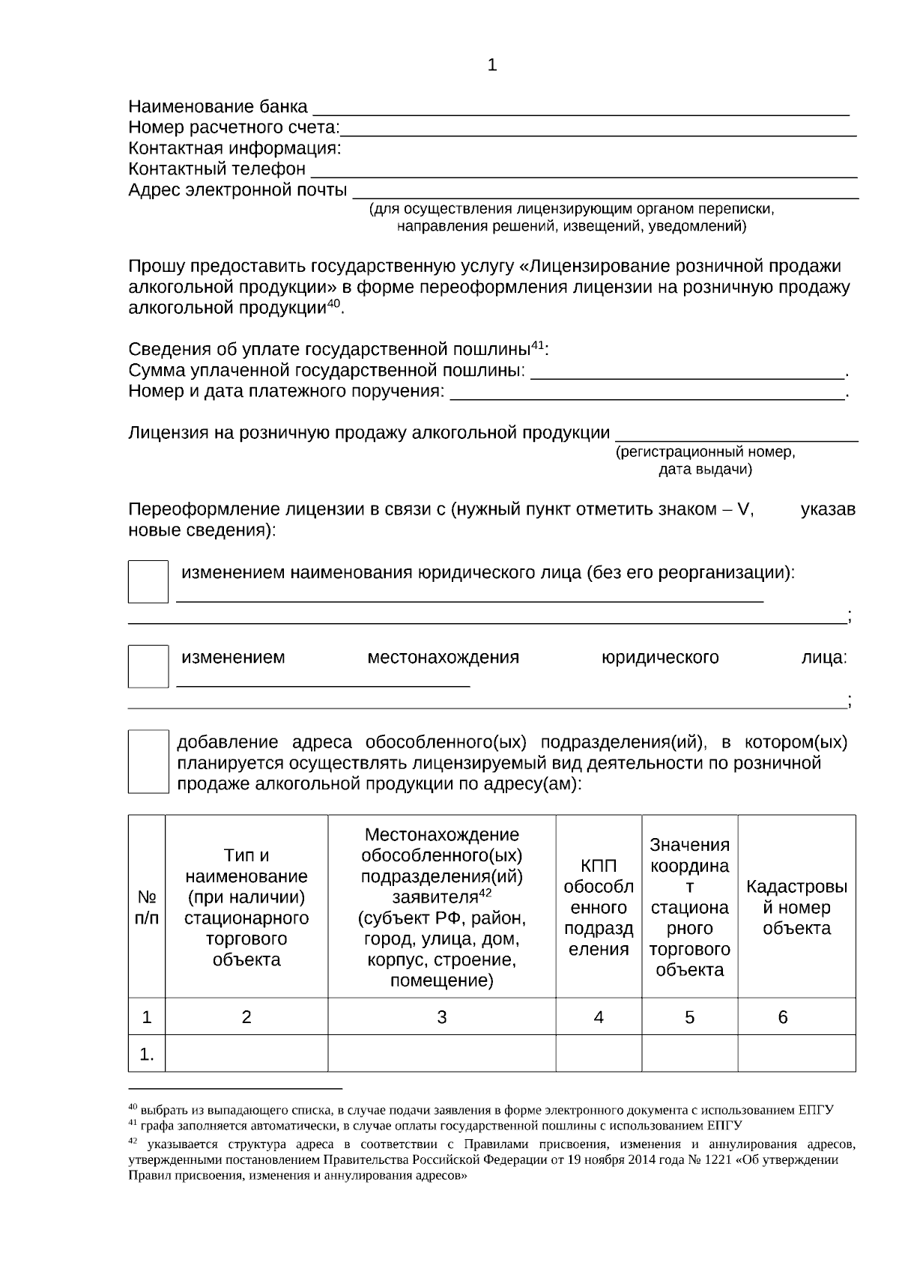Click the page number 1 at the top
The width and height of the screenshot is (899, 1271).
point(491,65)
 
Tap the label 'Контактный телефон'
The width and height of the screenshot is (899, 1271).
point(217,169)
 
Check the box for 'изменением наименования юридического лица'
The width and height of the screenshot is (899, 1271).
point(148,581)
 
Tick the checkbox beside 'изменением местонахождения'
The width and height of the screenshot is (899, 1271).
point(148,666)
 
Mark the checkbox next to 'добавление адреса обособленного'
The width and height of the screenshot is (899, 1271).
point(148,761)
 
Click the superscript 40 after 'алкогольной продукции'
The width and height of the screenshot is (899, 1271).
point(333,303)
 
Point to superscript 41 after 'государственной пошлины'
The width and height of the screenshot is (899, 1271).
point(537,345)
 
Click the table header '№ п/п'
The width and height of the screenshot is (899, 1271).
point(147,907)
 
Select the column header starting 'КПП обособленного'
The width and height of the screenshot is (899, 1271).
point(598,907)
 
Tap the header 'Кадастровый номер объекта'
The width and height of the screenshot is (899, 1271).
point(796,907)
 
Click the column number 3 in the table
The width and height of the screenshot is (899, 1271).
point(441,1016)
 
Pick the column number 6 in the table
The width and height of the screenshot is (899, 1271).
point(783,1016)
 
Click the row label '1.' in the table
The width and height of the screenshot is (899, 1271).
point(147,1055)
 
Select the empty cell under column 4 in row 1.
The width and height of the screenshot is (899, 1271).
point(598,1054)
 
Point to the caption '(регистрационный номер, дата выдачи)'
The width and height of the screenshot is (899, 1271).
point(705,461)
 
